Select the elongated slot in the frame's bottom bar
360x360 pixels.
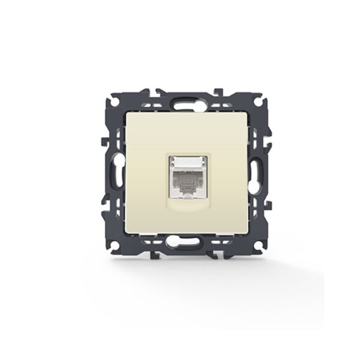[x=179, y=244]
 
